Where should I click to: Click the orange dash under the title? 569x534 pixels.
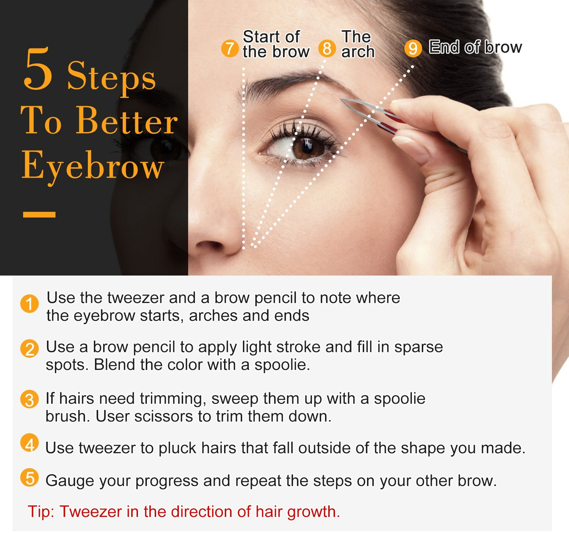tap(39, 214)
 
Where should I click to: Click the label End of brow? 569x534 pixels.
tap(475, 47)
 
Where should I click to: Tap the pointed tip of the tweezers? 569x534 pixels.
tap(341, 99)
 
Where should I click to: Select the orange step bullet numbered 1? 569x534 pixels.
tap(30, 304)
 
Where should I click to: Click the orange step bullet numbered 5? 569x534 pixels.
tap(30, 478)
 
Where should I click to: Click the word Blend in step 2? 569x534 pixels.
tap(114, 365)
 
